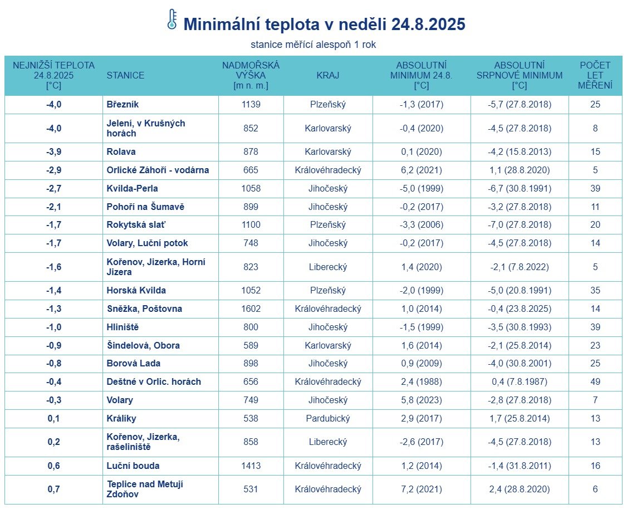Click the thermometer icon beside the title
coord(172,19)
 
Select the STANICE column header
coord(125,76)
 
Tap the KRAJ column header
coord(328,76)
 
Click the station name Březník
coord(123,105)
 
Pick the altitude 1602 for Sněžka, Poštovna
coord(251,309)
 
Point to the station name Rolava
coord(121,152)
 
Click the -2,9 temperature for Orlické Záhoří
coord(53,170)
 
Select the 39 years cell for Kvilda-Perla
coord(595,189)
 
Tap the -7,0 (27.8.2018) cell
coord(520,225)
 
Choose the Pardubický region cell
coord(328,419)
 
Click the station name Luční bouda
coord(133,466)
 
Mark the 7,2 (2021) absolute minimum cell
coord(422,489)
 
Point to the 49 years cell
coord(595,382)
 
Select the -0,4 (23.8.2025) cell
coord(520,309)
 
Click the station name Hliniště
coord(123,327)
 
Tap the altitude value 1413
coord(251,466)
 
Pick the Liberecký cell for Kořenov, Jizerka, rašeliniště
coord(328,442)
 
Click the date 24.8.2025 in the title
coord(428,25)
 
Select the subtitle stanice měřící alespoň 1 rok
coord(313,45)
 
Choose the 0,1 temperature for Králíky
coord(53,419)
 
